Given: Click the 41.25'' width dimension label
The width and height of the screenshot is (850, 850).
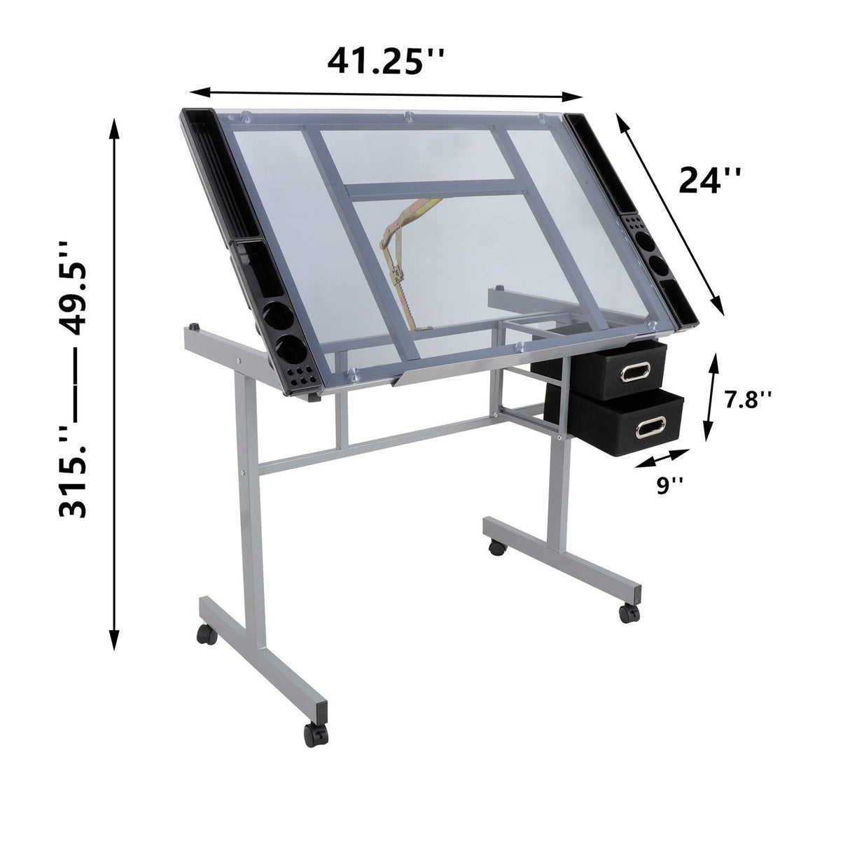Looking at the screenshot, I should click(x=386, y=62).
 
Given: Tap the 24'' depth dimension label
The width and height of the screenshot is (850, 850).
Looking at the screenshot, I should click(x=709, y=181).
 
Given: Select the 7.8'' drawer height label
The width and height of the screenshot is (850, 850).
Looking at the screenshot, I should click(x=748, y=400).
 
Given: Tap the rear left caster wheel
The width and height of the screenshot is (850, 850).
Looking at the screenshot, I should click(x=206, y=634).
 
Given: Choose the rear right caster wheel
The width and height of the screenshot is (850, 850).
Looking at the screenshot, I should click(x=496, y=548).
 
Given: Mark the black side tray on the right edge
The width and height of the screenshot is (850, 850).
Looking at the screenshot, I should click(x=634, y=217).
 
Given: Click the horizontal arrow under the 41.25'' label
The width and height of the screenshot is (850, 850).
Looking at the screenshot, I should click(x=386, y=94).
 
